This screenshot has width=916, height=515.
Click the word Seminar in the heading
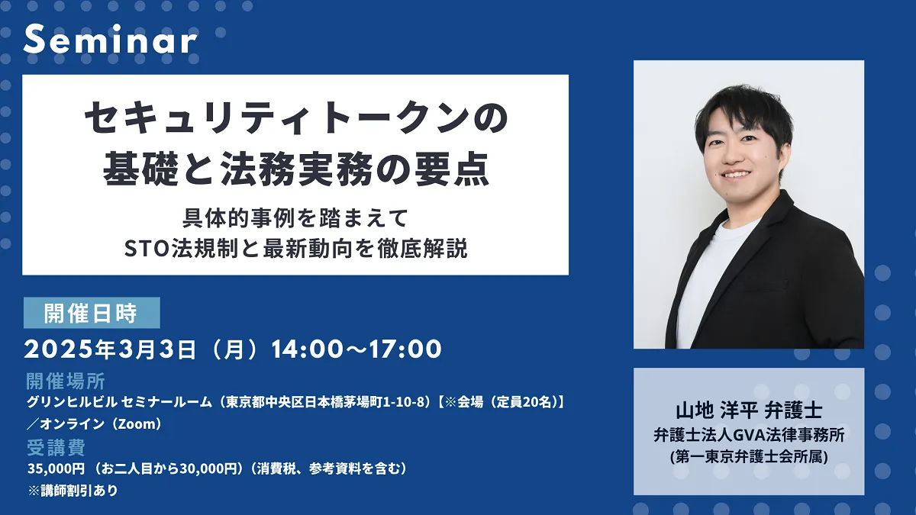(x=110, y=39)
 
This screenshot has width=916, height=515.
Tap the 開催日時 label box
(x=92, y=313)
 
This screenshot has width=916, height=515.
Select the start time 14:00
(x=307, y=349)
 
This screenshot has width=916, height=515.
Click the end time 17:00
(x=405, y=349)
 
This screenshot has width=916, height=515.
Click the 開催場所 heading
(x=66, y=381)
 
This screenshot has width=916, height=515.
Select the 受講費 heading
(x=56, y=448)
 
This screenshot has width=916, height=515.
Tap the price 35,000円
(x=56, y=468)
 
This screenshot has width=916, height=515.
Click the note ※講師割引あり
(x=73, y=490)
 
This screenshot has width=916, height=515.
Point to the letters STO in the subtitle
(x=147, y=249)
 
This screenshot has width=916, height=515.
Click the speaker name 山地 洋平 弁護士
(x=749, y=410)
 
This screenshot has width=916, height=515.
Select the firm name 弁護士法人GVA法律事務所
(x=749, y=435)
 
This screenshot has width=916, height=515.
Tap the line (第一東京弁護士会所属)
(x=749, y=456)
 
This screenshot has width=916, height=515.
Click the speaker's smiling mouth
(x=736, y=175)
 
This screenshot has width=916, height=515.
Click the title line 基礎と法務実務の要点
(x=295, y=169)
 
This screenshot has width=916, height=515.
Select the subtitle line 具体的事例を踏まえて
(x=295, y=218)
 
